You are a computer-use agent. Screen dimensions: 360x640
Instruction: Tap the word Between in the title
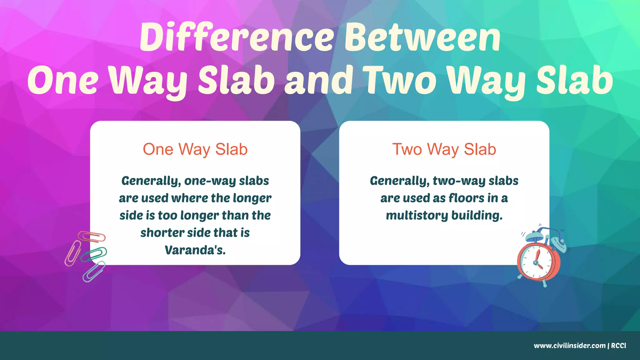422,37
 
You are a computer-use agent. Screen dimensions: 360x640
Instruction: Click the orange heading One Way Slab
195,149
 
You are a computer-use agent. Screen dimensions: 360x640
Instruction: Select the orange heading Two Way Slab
444,149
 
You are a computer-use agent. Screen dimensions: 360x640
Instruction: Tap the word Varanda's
195,250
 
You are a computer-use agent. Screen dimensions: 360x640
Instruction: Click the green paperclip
94,254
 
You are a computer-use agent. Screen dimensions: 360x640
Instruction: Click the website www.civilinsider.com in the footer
569,346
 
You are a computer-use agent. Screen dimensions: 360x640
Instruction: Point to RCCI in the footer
618,346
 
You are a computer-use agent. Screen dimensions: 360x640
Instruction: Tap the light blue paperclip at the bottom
93,271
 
